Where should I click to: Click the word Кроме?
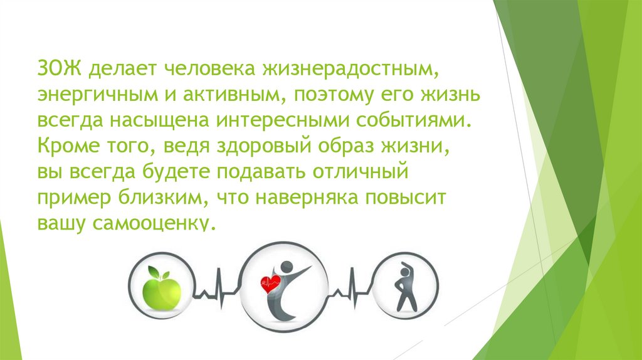pos(66,146)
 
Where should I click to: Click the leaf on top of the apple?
pos(155,269)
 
